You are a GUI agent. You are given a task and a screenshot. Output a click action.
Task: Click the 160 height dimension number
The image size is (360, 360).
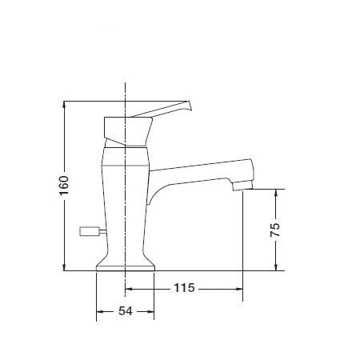[x=64, y=186]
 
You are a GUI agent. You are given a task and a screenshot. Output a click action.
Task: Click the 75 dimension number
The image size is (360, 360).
[x=275, y=230]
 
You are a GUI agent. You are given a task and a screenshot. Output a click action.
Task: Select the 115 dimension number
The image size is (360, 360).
[x=184, y=288]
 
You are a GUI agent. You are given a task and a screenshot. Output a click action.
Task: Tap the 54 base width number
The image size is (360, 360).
[x=126, y=311]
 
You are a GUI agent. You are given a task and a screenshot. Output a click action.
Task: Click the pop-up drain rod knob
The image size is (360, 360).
[x=90, y=231]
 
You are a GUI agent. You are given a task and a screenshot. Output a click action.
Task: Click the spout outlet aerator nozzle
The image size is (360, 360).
[x=242, y=185]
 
